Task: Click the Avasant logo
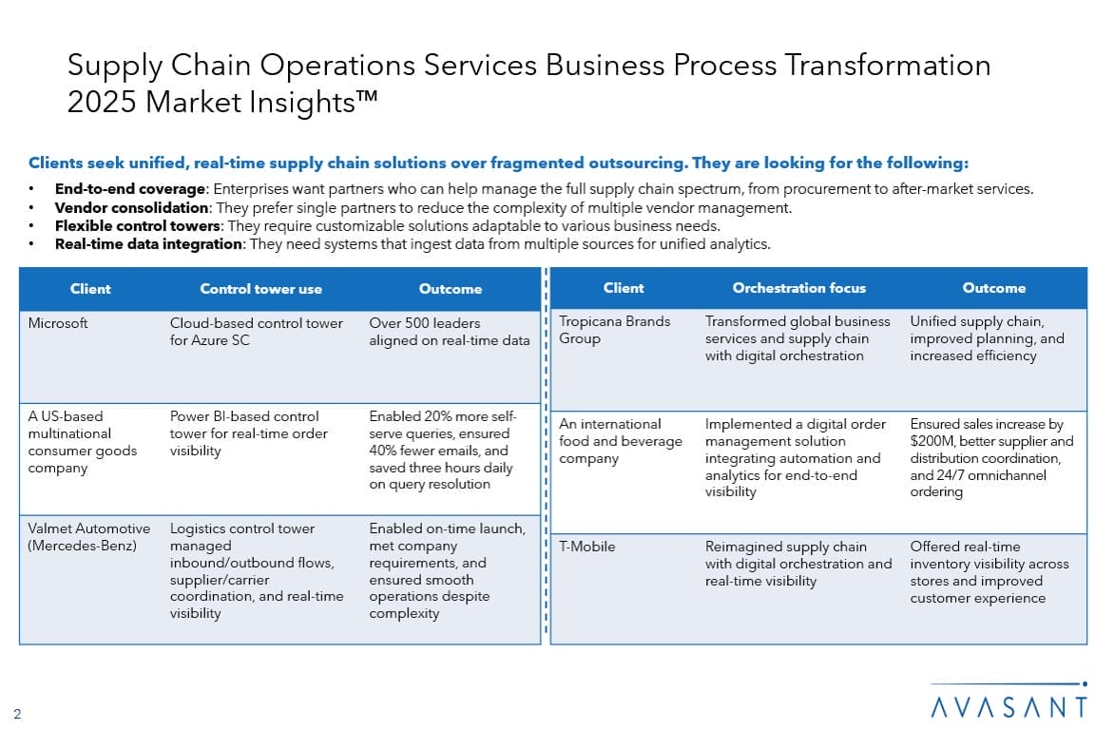pos(1009,701)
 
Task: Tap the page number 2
pos(17,714)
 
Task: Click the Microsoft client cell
pos(58,323)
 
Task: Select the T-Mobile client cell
pos(586,547)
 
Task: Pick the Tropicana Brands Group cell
pos(615,330)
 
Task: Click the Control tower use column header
pos(260,289)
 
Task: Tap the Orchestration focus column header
pos(798,288)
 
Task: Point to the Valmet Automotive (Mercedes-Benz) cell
pos(88,536)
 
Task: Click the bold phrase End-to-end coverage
pos(130,188)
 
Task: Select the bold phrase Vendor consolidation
pos(132,207)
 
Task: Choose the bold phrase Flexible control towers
pos(138,225)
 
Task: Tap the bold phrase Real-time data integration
pos(148,243)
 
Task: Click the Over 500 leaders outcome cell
pos(449,332)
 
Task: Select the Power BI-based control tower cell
pos(249,433)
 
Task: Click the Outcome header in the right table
pos(993,288)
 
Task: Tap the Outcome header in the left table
pos(451,289)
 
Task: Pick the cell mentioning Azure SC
pos(257,332)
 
